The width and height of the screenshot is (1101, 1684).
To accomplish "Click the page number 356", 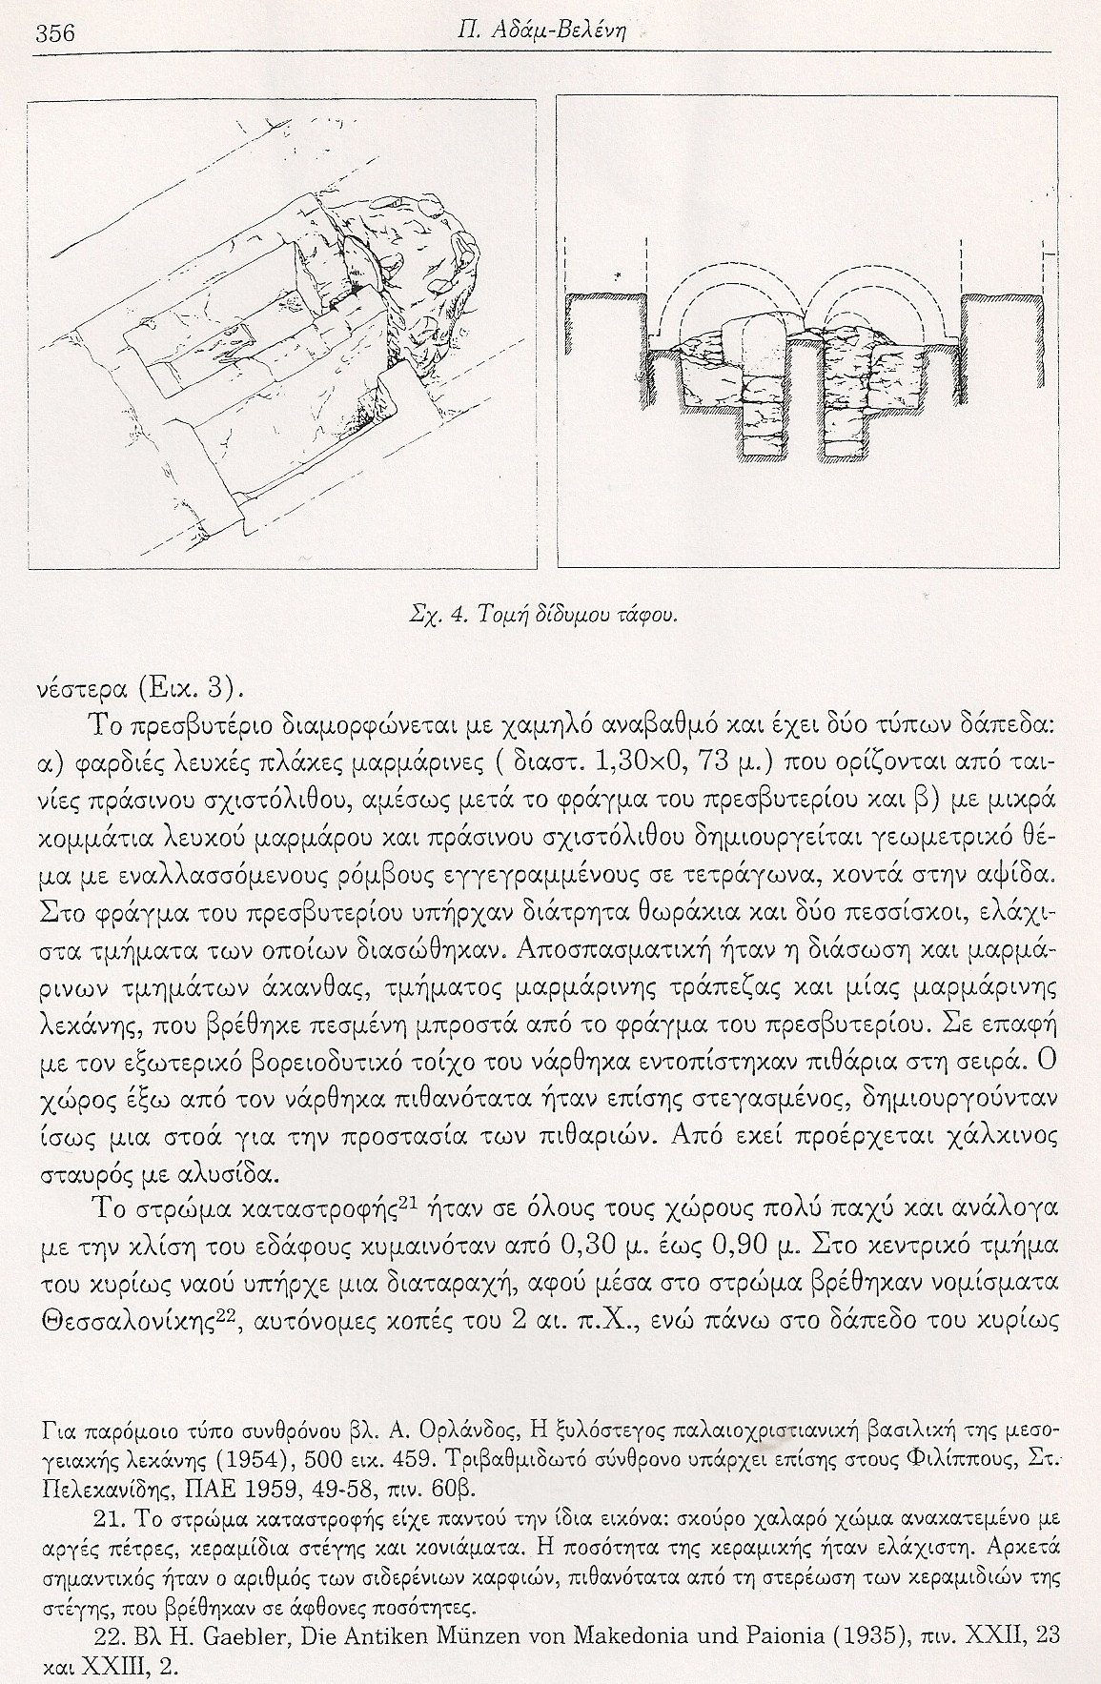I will pyautogui.click(x=55, y=34).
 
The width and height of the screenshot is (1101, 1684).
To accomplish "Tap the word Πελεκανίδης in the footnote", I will pyautogui.click(x=101, y=1487).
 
